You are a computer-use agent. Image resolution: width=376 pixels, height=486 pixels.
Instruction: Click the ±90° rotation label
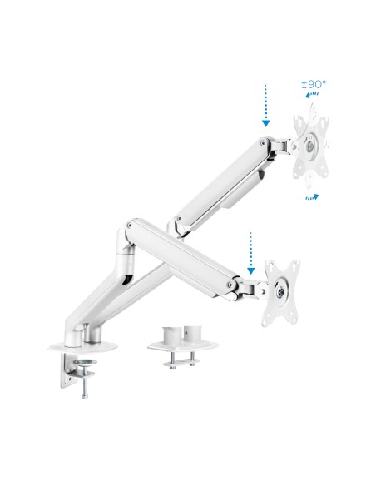(x=313, y=84)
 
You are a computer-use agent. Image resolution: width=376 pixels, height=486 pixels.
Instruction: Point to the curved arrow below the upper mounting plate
(x=312, y=196)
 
